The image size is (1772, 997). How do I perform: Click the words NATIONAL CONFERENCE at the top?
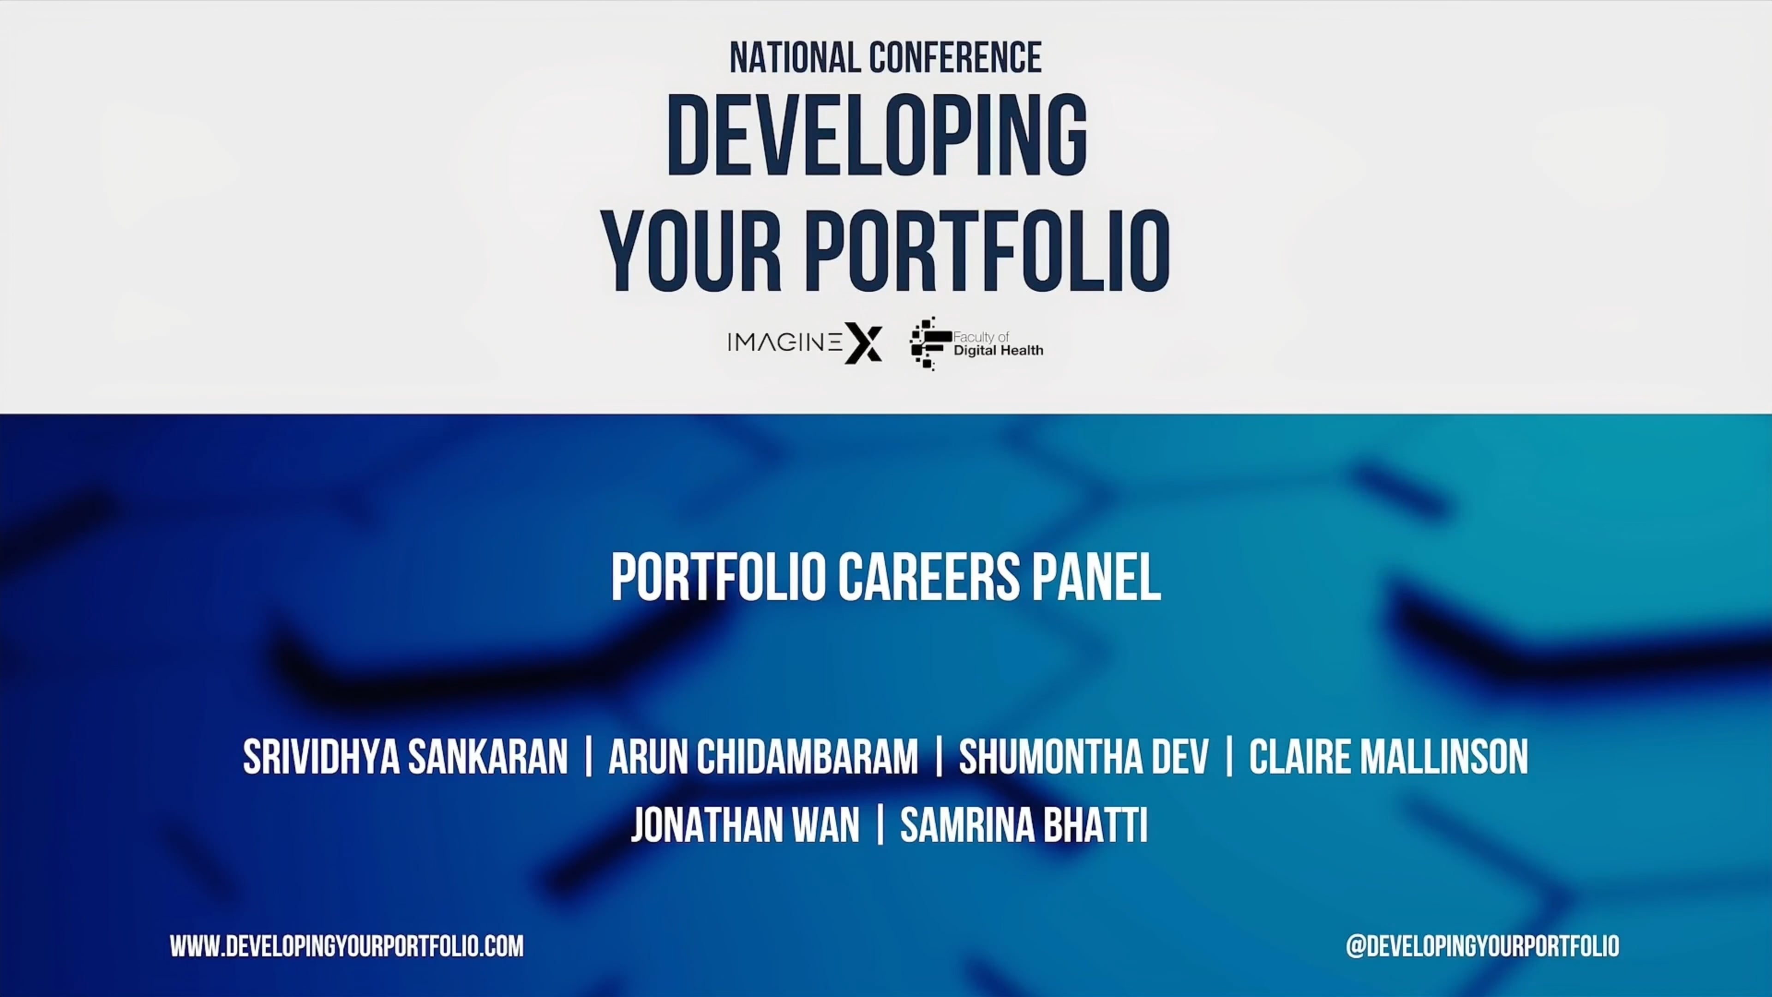[x=886, y=58]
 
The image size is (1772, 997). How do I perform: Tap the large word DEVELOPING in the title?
[x=877, y=136]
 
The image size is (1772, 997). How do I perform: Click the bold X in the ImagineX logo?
[x=864, y=342]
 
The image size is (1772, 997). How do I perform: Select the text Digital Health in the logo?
[x=998, y=350]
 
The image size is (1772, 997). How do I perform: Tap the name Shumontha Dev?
[x=1084, y=757]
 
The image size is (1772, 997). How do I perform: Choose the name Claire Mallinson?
[x=1388, y=757]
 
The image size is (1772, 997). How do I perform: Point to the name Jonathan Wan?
[x=745, y=825]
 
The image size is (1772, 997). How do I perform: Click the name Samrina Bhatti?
[x=1024, y=825]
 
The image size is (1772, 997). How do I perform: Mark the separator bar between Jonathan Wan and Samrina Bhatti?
[x=880, y=825]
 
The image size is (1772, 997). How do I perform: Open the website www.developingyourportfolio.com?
[x=347, y=946]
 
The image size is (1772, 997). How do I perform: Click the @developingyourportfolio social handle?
[x=1482, y=946]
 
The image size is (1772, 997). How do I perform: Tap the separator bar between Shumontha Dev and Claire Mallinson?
[x=1229, y=757]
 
